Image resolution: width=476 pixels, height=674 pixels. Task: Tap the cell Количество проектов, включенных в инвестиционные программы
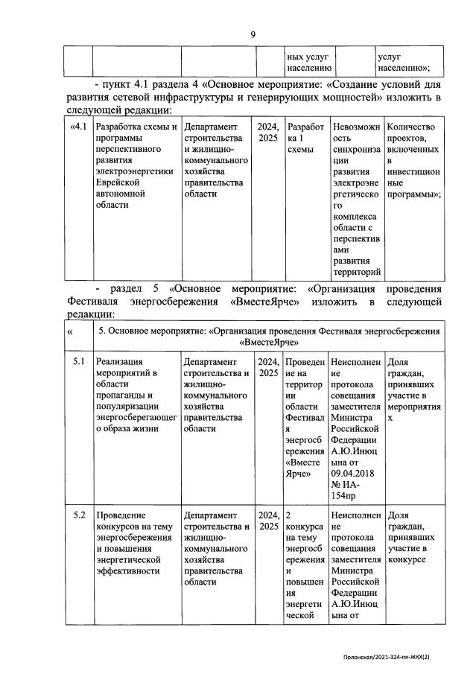coord(411,160)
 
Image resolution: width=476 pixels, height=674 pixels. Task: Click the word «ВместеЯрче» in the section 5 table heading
coord(269,342)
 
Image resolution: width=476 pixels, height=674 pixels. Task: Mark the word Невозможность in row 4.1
coord(355,133)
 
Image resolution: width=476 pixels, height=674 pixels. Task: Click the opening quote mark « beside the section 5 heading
coord(70,332)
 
